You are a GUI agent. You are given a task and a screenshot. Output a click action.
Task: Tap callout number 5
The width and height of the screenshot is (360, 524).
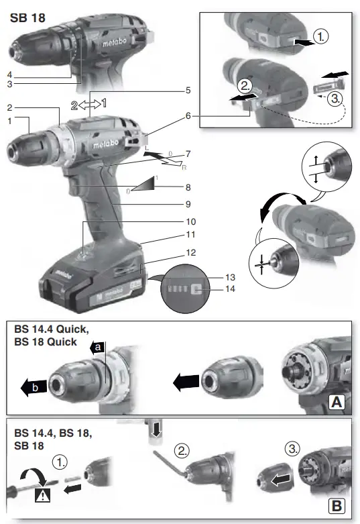(x=189, y=89)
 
